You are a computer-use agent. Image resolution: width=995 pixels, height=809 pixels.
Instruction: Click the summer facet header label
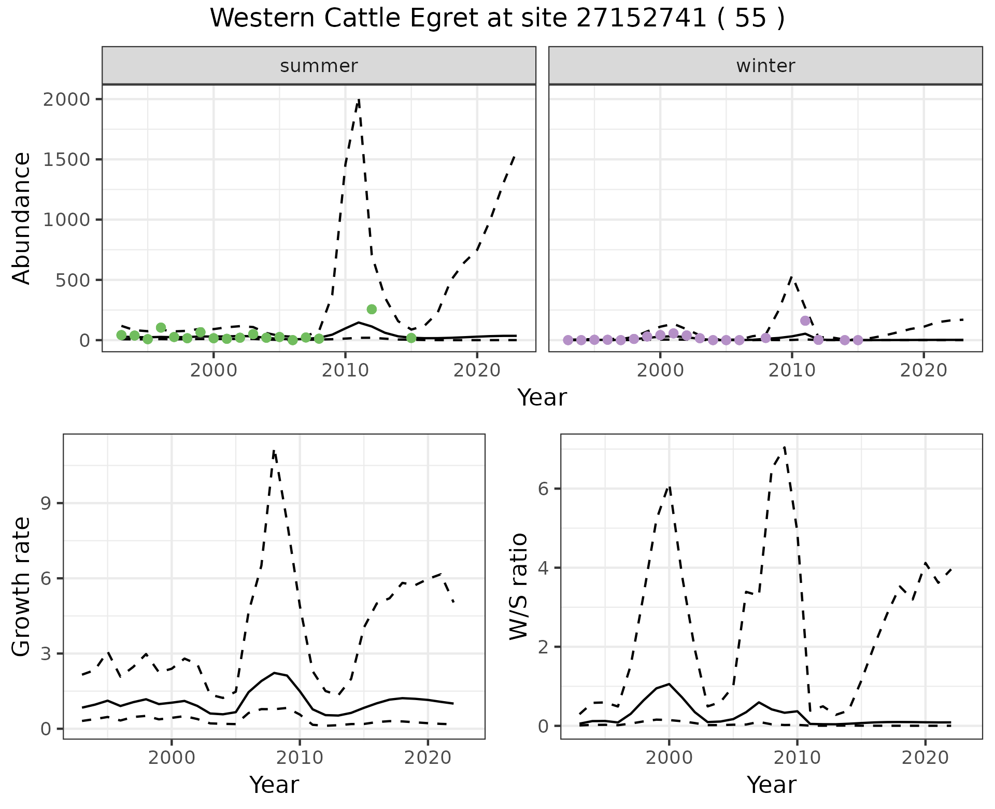pos(319,66)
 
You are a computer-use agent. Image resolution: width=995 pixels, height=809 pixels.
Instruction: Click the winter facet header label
pos(765,66)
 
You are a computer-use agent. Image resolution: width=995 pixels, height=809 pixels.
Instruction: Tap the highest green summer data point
pos(372,309)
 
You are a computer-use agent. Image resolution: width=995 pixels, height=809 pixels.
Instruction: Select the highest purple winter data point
pos(805,320)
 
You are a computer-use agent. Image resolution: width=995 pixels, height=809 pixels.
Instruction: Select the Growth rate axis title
pos(21,586)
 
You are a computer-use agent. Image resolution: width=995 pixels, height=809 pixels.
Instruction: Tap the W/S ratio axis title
pos(519,586)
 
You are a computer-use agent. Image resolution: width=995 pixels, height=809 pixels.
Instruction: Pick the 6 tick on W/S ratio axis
pos(543,489)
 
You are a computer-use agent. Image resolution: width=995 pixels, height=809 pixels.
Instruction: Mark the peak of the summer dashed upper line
pos(359,99)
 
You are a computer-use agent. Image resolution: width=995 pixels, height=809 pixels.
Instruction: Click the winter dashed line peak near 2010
pos(792,277)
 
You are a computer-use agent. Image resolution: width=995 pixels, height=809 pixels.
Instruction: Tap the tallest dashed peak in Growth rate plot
pos(274,450)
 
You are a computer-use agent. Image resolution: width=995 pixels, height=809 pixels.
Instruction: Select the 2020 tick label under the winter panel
pos(923,371)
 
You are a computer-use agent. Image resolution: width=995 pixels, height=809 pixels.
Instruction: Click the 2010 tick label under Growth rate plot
pos(300,758)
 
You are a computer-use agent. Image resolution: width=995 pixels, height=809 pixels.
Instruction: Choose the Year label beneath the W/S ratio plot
pos(771,785)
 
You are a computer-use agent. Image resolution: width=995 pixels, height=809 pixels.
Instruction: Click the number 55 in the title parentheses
pos(750,19)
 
